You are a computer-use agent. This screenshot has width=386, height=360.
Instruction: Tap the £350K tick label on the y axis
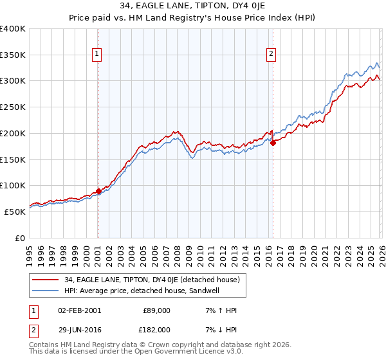13,55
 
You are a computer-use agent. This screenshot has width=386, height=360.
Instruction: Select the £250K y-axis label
13,107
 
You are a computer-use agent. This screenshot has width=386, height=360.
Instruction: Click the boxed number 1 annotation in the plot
96,54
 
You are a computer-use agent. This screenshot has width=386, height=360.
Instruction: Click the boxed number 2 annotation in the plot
271,54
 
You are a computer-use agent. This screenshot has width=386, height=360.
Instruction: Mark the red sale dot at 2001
98,191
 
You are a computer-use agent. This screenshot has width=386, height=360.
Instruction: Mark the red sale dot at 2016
273,143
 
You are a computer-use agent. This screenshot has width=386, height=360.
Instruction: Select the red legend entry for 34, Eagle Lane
152,280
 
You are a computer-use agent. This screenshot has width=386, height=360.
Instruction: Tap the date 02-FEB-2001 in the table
78,310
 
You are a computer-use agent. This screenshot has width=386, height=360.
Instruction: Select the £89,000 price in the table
156,310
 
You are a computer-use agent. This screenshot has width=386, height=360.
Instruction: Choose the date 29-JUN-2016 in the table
78,329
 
